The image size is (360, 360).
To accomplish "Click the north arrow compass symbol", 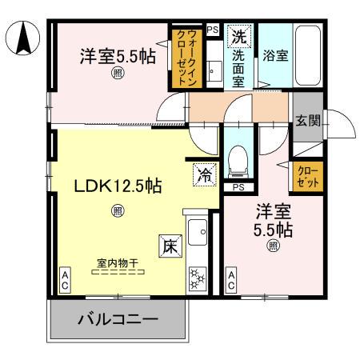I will point(24,38).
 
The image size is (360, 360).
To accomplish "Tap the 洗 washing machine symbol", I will point(239,36).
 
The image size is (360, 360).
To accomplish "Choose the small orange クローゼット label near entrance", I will point(309,176).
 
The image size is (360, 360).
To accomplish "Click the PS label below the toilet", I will point(238,187).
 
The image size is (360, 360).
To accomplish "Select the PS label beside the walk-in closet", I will point(212,29).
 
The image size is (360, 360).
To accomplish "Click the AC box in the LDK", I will point(64,280).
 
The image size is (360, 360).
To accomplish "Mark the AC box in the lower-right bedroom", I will point(230,280).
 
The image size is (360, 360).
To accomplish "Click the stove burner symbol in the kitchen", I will point(196,278).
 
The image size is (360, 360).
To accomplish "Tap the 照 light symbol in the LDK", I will point(118,211).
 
